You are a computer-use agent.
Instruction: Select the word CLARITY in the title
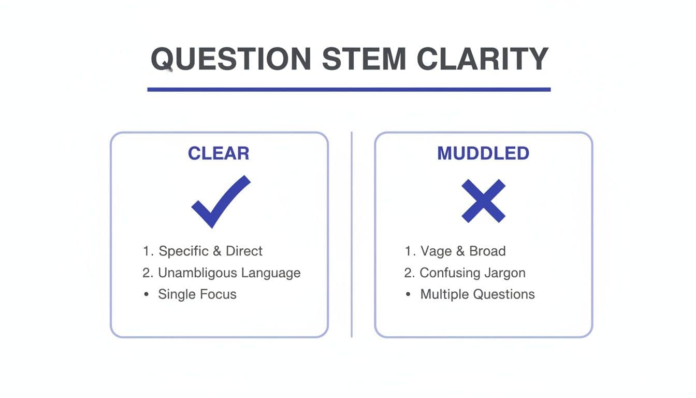(482, 59)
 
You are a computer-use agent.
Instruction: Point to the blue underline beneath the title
(349, 89)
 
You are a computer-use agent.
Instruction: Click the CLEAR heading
(219, 153)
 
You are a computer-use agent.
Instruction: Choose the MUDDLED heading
(483, 153)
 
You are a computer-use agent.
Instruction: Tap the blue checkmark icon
(221, 201)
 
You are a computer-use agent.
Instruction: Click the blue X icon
(483, 201)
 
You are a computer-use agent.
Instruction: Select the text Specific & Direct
(210, 251)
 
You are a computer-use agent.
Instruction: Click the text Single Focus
(197, 294)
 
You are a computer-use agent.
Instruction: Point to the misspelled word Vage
(436, 251)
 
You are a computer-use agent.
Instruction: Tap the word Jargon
(505, 273)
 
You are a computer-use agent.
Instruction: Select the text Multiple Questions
(477, 294)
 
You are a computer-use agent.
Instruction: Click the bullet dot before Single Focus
(147, 294)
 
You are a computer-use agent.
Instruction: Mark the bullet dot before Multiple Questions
(409, 294)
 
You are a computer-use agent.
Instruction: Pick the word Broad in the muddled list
(487, 251)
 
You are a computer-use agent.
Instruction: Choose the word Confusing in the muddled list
(450, 273)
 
